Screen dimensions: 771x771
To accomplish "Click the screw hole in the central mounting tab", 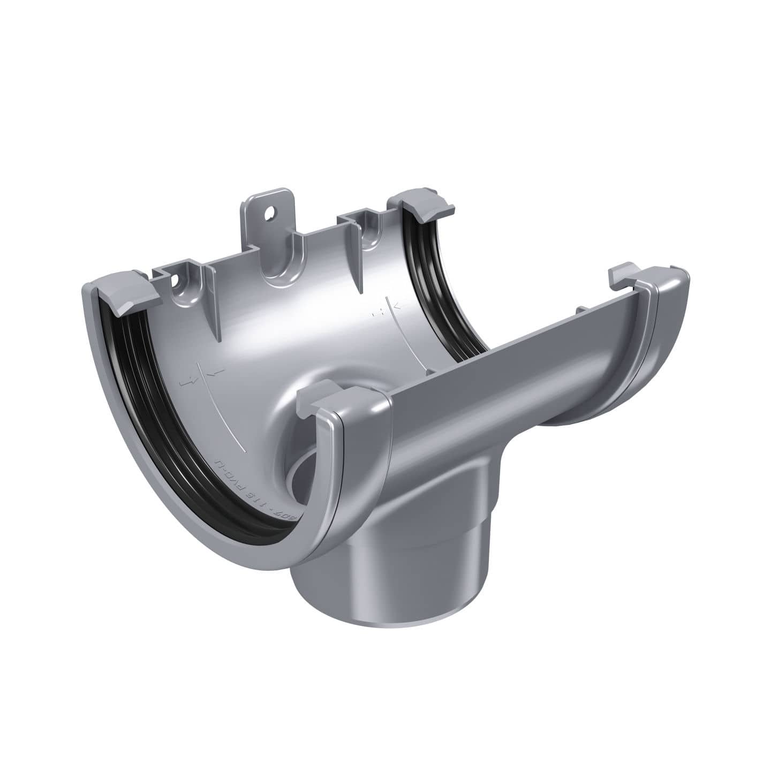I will click(268, 214).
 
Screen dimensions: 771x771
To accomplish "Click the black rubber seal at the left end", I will click(142, 375).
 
